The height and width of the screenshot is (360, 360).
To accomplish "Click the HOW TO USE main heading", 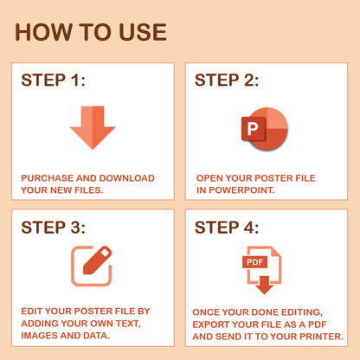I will [x=91, y=32].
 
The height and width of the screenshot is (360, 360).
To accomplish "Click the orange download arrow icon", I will [x=93, y=126].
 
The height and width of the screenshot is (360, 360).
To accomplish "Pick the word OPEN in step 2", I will [x=210, y=177].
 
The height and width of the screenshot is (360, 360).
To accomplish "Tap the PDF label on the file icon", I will [x=254, y=261].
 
